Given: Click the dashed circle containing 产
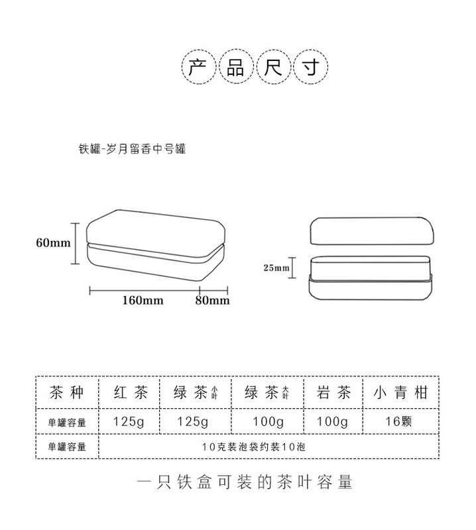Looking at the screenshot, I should click(197, 68).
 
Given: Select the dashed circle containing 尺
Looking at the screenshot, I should click(274, 68).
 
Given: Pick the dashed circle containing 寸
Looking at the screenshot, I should click(312, 68).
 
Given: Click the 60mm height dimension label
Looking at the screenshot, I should click(53, 242).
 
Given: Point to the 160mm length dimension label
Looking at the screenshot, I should click(143, 300).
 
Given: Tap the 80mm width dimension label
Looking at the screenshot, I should click(212, 300).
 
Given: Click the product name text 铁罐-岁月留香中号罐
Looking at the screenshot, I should click(132, 149).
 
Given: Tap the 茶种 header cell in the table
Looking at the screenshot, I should click(66, 393).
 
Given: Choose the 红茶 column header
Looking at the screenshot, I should click(132, 393).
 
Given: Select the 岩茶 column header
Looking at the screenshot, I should click(333, 393).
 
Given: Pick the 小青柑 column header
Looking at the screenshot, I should click(400, 393).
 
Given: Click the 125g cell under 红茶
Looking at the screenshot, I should click(132, 421).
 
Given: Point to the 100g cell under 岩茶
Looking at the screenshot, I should click(333, 421).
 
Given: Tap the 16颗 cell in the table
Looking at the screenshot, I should click(400, 421).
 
